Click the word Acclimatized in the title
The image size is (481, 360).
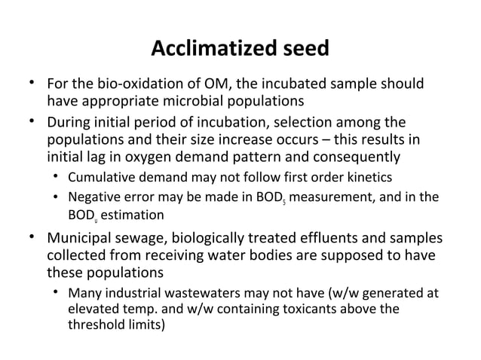pos(213,50)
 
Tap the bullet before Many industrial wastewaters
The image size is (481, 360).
pos(57,293)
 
